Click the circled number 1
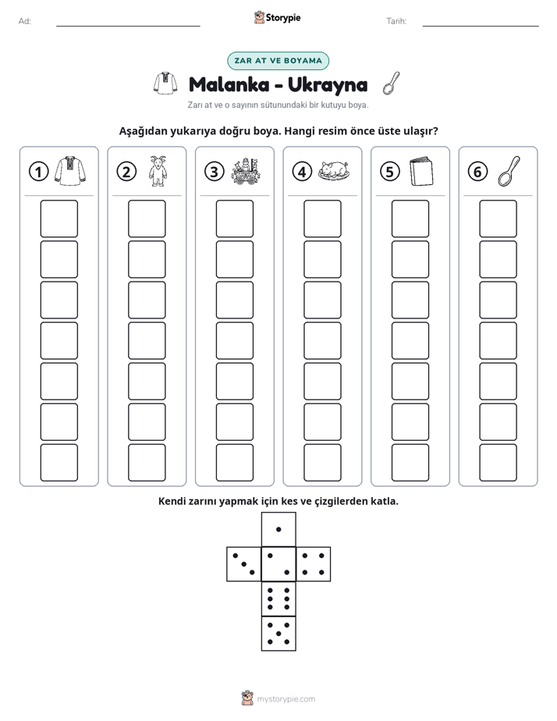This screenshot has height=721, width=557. [38, 172]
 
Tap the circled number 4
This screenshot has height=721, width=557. [302, 172]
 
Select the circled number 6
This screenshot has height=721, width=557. [477, 172]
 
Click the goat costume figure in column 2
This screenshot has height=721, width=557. [158, 171]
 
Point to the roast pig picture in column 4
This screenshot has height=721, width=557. [334, 170]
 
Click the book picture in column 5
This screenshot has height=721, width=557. [421, 172]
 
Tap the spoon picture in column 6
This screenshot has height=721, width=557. [509, 171]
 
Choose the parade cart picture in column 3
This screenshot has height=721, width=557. [246, 172]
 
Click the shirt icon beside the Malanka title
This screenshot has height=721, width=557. [165, 83]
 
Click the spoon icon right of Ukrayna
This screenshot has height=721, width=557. [391, 83]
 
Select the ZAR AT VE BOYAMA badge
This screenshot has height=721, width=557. [278, 61]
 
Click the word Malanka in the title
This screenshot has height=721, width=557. [229, 84]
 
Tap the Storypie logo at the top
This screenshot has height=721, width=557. [277, 17]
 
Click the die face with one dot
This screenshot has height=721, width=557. [278, 530]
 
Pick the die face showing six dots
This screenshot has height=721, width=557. [278, 598]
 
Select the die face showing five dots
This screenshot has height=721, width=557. [278, 633]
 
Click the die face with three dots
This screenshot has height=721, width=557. [244, 564]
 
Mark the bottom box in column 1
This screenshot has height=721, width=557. [59, 463]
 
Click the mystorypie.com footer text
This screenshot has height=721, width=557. [286, 699]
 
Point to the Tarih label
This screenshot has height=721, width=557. [396, 21]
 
